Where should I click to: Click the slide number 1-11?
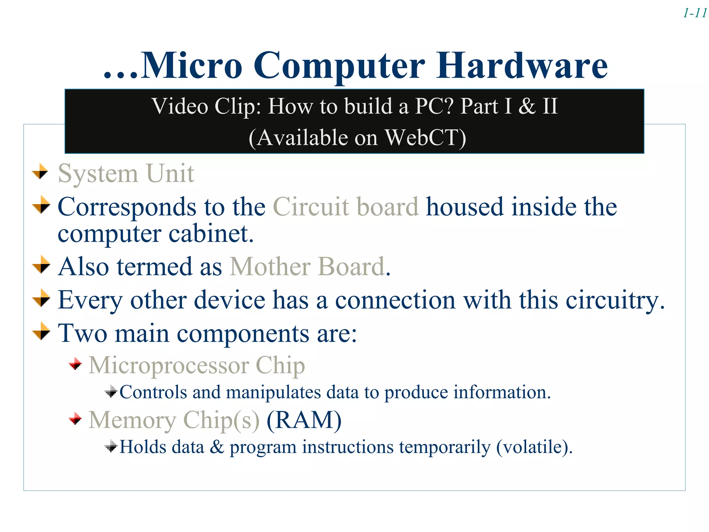coord(694,13)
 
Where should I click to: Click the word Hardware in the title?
coord(521,65)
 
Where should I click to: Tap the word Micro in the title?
coord(191,65)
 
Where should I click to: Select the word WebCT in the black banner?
coord(425,138)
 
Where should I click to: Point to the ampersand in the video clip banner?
coord(527,106)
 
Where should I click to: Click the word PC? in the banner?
coord(434,106)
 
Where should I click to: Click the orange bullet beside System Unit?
coord(41,171)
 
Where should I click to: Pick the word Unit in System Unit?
coord(170,173)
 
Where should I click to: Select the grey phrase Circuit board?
coord(345,207)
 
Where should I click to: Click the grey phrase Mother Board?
coord(307,267)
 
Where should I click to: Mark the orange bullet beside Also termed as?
coord(41,265)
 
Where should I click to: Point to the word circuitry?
coord(615,300)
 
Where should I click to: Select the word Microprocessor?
coord(169,365)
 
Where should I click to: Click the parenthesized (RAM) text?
coord(304,420)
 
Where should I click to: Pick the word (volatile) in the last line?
coord(534,447)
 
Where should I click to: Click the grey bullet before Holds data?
coord(111,446)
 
